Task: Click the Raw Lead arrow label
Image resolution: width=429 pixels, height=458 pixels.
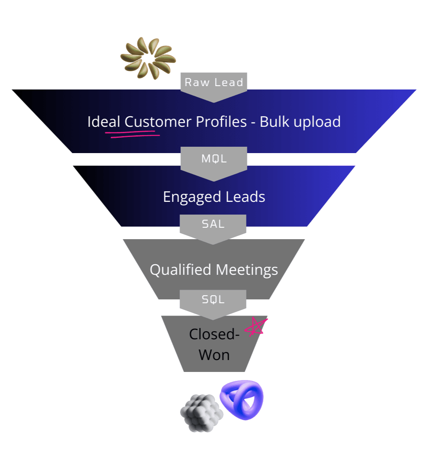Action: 214,82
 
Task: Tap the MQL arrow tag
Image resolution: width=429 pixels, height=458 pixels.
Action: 214,159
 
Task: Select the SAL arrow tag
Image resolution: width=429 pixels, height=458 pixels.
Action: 213,224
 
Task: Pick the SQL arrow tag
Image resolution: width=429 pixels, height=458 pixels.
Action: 213,299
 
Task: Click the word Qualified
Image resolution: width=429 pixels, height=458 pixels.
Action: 181,270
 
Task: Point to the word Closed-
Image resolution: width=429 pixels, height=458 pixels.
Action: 214,334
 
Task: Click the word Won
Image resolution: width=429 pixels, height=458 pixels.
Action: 214,355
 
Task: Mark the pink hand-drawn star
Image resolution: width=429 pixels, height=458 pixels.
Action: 257,327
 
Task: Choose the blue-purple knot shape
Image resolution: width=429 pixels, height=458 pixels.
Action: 242,400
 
